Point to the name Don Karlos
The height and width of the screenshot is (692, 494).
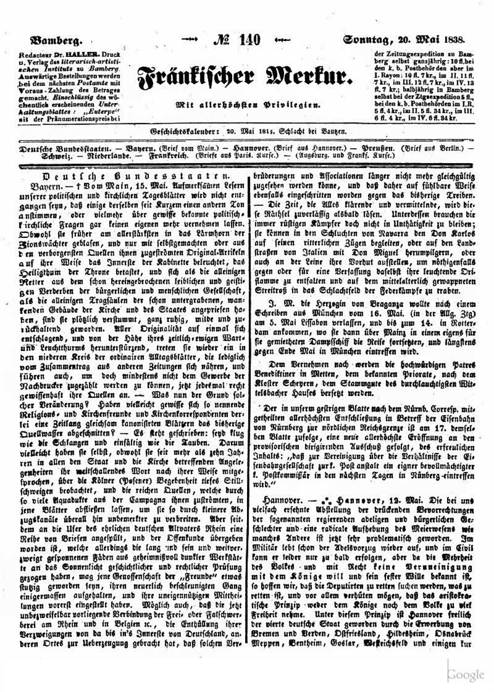tap(453, 233)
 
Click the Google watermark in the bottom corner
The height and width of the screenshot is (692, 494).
tap(466, 675)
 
